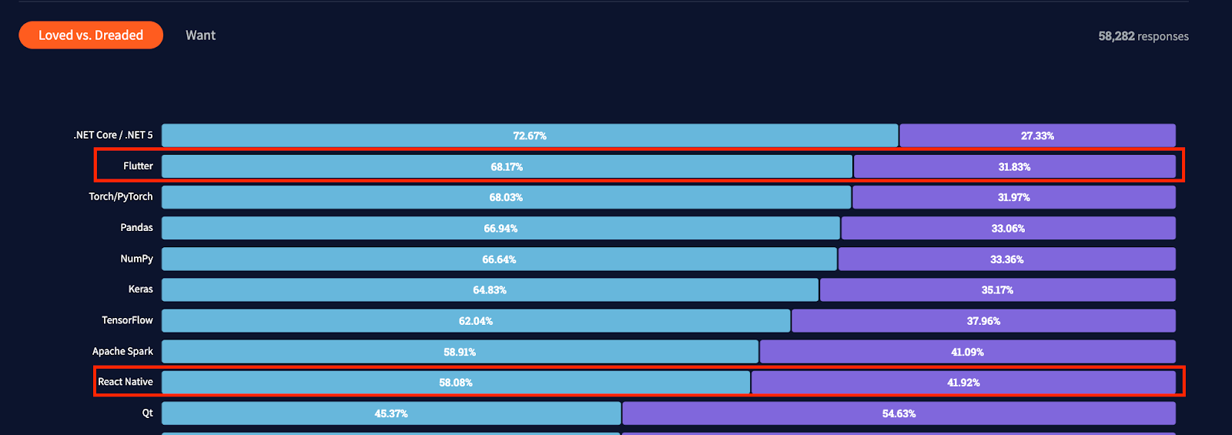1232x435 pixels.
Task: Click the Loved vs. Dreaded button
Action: (91, 35)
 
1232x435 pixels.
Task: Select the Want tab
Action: (200, 35)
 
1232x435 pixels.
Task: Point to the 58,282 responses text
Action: (1143, 36)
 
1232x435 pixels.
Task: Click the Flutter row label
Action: (138, 166)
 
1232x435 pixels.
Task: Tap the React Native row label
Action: (126, 382)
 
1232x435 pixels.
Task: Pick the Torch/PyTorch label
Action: (121, 197)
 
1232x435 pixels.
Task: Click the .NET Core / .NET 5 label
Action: (113, 136)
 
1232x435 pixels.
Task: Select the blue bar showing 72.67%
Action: (530, 136)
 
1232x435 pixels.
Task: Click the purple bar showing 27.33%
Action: (1037, 136)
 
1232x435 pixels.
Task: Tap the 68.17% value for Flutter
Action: (507, 167)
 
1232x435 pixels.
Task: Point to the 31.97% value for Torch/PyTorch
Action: (1013, 198)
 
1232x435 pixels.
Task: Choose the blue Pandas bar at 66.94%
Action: (500, 229)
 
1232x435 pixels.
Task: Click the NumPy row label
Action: (136, 259)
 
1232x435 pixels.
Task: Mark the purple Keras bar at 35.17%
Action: (997, 290)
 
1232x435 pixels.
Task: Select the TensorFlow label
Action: (127, 320)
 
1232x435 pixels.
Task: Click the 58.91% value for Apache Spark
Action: (460, 352)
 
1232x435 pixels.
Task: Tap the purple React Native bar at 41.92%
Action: (963, 383)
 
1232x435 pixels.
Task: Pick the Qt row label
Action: (147, 413)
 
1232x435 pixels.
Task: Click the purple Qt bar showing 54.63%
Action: (899, 413)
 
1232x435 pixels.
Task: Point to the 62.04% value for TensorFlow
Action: (476, 321)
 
